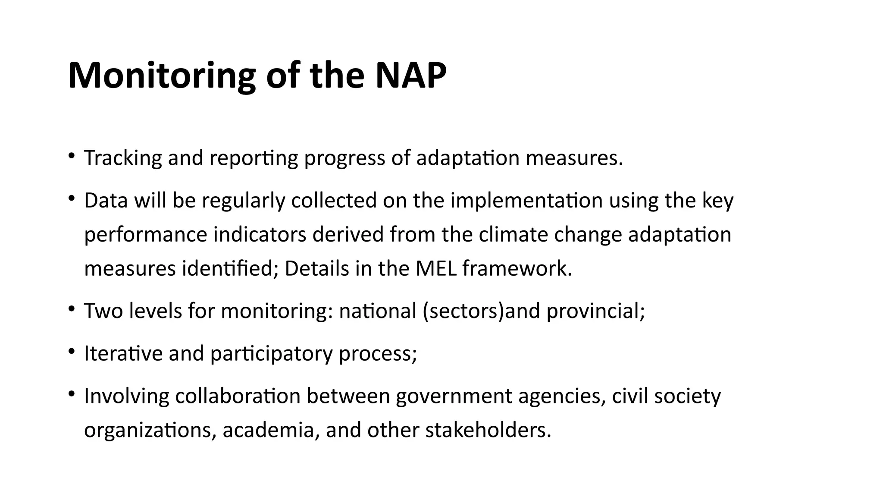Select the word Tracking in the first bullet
123,158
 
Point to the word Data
106,201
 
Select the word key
718,201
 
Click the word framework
517,268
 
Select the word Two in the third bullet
103,311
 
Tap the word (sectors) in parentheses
463,311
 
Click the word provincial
595,311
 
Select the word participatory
272,353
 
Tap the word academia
270,430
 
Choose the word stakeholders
488,430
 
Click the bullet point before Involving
72,394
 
